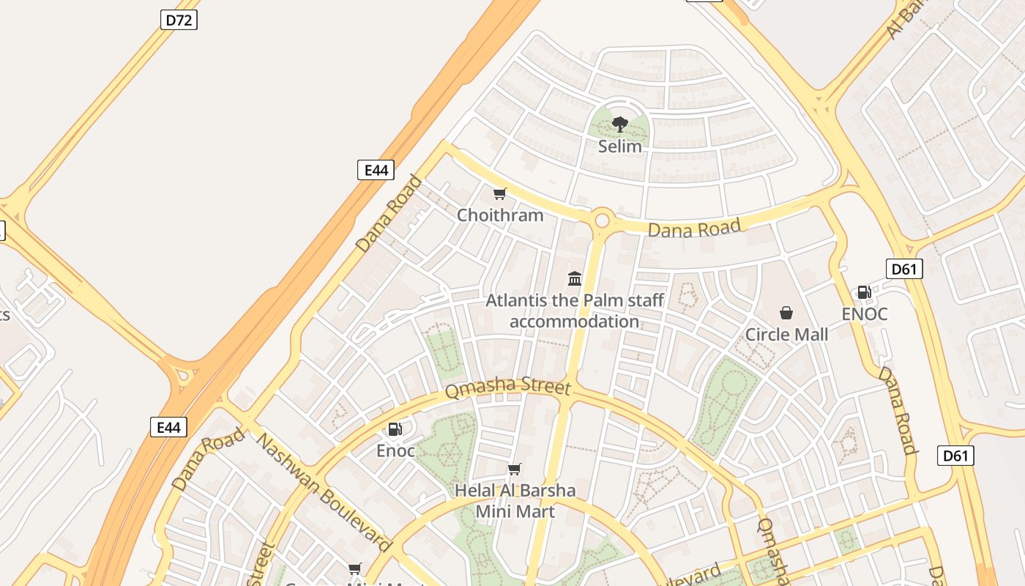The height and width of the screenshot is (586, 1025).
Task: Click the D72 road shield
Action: (179, 20)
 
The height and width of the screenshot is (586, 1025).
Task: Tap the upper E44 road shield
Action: (376, 170)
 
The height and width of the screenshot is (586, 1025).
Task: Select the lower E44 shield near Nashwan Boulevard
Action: (168, 427)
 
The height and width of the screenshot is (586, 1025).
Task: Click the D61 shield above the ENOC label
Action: (904, 269)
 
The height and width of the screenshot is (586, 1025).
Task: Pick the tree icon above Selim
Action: (620, 124)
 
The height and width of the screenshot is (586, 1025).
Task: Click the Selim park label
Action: (620, 146)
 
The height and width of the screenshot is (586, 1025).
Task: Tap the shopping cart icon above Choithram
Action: (500, 193)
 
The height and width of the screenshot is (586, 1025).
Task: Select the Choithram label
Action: (500, 215)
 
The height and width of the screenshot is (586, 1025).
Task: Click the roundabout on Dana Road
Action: (603, 219)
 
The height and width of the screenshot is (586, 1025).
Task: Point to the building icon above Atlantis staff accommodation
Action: (575, 278)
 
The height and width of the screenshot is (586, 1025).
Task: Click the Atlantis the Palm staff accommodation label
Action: (575, 311)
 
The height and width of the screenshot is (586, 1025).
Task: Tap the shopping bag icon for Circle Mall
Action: (786, 313)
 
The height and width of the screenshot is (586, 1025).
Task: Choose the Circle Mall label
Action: (786, 335)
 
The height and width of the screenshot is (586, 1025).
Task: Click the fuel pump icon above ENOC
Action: (865, 292)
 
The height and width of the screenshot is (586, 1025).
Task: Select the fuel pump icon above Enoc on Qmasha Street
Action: (395, 429)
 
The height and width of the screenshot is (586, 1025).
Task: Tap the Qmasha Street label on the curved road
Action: (507, 387)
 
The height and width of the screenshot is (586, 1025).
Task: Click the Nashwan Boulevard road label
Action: (324, 492)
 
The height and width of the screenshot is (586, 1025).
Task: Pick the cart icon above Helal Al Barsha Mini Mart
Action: (515, 469)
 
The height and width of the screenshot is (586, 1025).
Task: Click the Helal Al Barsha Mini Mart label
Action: (515, 501)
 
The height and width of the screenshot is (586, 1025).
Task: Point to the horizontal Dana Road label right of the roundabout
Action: (695, 229)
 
